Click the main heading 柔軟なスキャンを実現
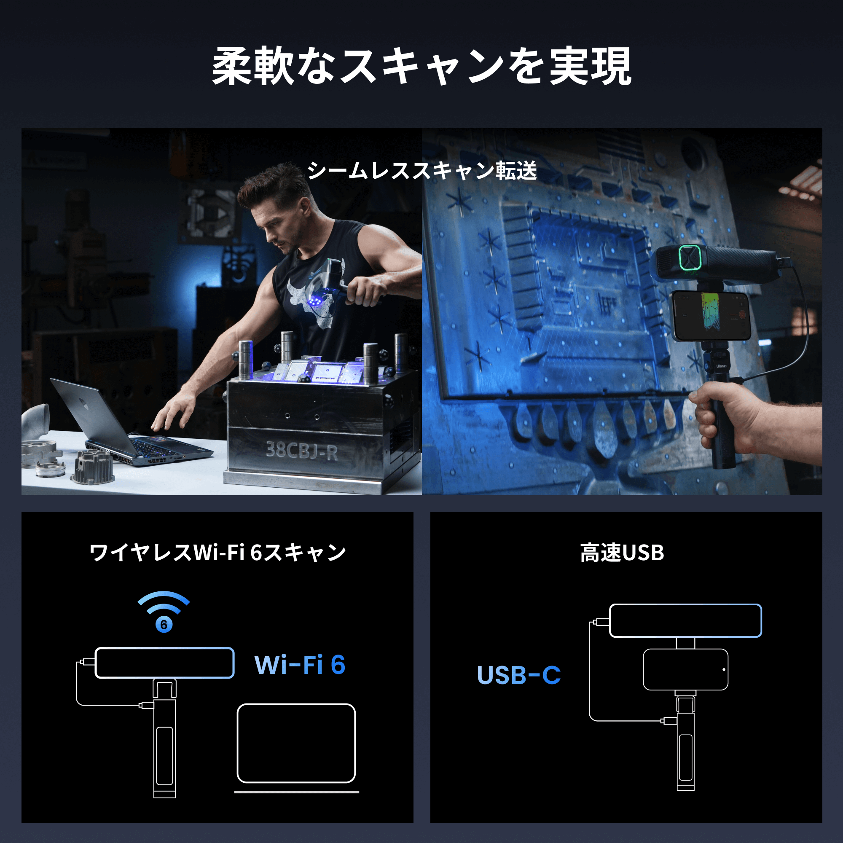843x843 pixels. (421, 66)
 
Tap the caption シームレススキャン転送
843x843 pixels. (421, 171)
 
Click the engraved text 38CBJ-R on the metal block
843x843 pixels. (301, 450)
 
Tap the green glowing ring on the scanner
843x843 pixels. (690, 258)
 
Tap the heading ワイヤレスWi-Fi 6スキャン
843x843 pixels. (217, 553)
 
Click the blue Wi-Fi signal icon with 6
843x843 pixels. (164, 611)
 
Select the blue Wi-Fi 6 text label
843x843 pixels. (300, 665)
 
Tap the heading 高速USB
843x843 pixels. (622, 553)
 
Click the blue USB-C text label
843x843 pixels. (518, 675)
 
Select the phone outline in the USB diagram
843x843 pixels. (685, 670)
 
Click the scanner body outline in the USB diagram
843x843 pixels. (685, 620)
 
